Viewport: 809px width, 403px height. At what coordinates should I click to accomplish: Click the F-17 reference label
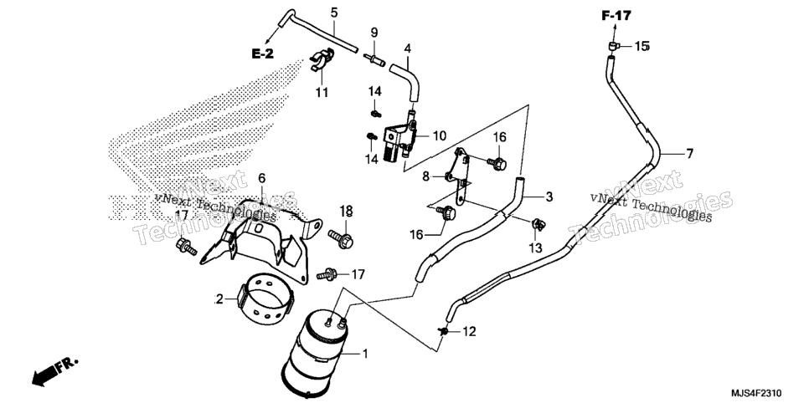pos(616,16)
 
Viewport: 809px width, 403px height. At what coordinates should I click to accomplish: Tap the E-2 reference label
pos(263,54)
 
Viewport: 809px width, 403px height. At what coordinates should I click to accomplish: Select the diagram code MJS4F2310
pos(766,393)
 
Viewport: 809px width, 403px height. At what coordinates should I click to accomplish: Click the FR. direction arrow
pos(54,371)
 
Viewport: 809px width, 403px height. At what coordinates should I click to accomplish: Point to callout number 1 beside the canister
pos(365,354)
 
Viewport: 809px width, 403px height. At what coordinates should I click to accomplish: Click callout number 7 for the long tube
pos(689,154)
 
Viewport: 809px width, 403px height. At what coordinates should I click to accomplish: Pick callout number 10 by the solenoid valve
pos(439,136)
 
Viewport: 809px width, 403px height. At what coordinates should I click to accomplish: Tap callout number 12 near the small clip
pos(470,332)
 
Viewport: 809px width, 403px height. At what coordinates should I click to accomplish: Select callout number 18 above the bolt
pos(346,210)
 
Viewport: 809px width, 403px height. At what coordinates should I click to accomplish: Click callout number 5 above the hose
pos(334,13)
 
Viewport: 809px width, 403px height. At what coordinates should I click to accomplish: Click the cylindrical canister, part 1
pos(314,352)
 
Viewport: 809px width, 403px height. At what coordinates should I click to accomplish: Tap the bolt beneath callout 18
pos(342,238)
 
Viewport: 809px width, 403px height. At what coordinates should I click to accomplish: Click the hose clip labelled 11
pos(322,59)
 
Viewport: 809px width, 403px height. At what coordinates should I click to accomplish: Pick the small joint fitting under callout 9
pos(374,59)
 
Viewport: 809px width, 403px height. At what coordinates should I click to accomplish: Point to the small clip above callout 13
pos(538,224)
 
